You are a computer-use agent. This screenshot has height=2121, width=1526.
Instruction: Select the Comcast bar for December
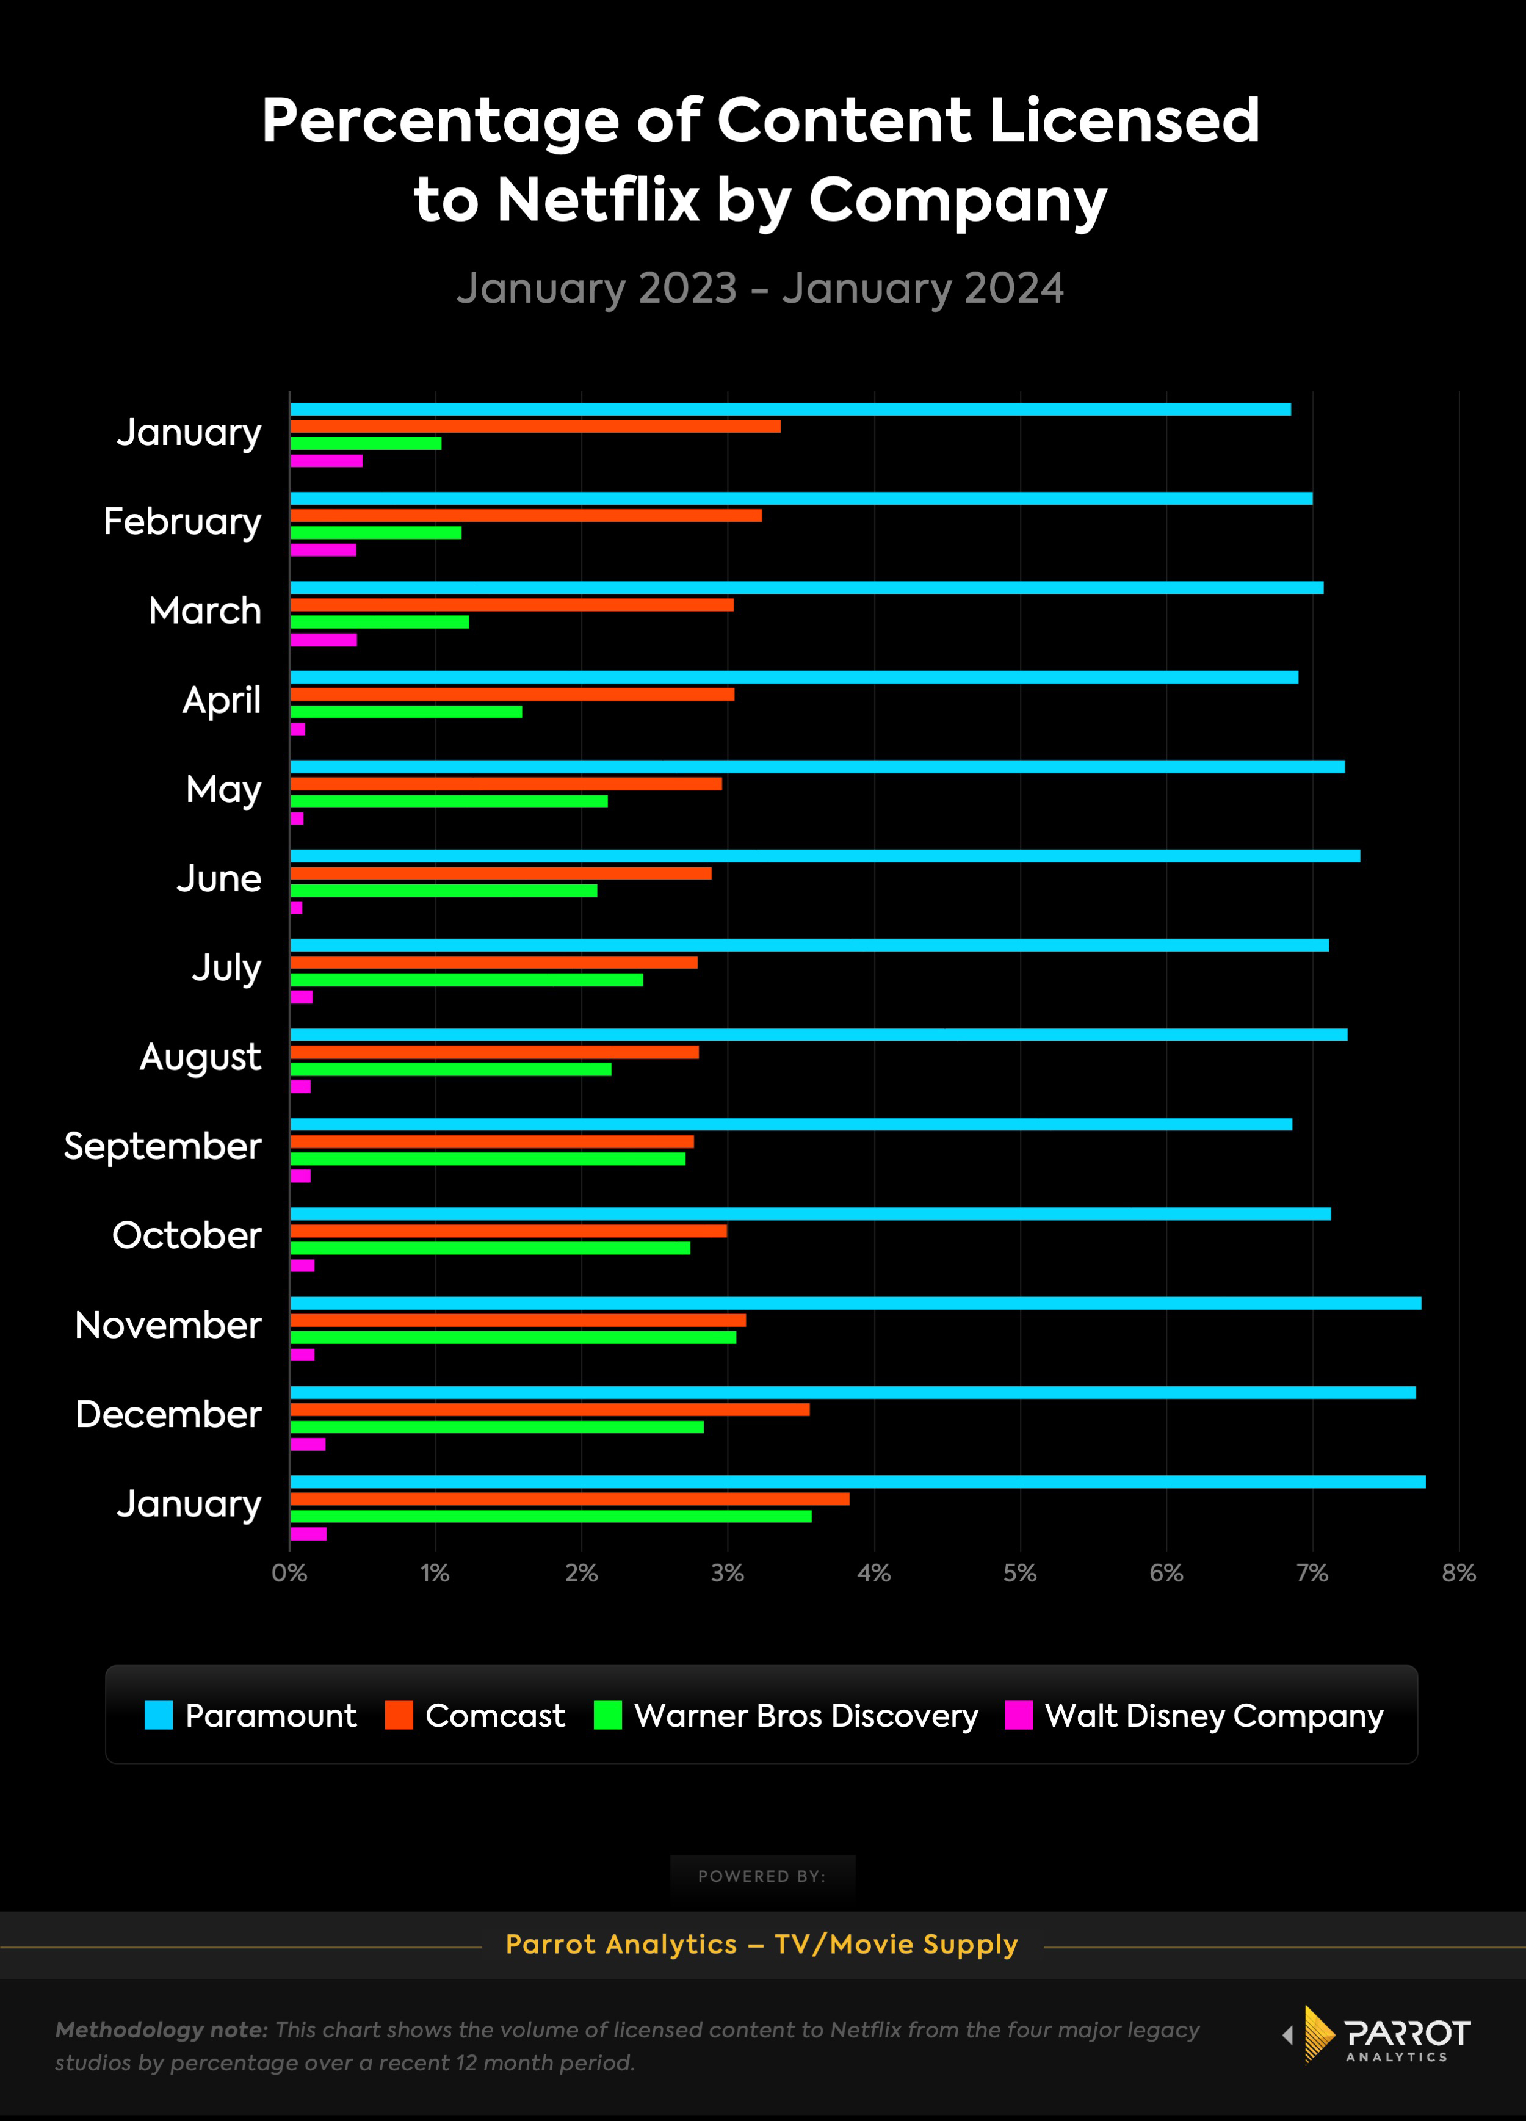coord(550,1409)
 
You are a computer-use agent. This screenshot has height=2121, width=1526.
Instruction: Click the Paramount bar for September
coord(791,1124)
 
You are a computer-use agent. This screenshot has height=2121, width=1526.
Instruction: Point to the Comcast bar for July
coord(494,963)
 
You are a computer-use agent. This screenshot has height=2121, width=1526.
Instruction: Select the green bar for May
coord(449,801)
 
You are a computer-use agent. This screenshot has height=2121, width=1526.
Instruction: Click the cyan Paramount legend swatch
coord(159,1715)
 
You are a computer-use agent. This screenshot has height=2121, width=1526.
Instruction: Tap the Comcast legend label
coord(494,1715)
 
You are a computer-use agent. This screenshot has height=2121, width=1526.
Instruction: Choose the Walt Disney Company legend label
coord(1213,1715)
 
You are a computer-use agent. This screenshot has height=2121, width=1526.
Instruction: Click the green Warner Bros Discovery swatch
coord(608,1715)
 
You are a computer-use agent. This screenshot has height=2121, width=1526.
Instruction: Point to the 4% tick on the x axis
coord(873,1573)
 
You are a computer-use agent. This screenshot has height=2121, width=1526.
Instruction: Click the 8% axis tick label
coord(1458,1573)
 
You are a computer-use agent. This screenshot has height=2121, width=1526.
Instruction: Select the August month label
coord(200,1057)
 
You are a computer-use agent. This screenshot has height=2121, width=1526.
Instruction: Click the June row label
coord(219,878)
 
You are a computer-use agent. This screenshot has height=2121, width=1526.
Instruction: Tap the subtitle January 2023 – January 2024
coord(760,288)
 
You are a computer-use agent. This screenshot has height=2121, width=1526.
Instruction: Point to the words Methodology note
coord(161,2029)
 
